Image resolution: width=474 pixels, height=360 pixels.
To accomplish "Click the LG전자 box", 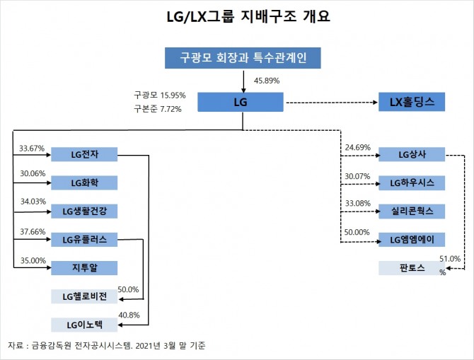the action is (x=84, y=154).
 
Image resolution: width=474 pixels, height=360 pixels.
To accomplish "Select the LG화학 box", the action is (x=84, y=183).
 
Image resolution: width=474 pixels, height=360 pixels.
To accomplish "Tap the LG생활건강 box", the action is (x=84, y=211).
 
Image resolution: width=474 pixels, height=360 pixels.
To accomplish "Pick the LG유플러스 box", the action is (x=84, y=240).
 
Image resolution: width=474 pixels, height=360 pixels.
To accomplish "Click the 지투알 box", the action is (x=84, y=268).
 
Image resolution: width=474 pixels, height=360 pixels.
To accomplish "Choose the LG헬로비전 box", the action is (x=84, y=296).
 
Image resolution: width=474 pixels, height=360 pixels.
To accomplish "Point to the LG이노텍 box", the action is (x=84, y=325).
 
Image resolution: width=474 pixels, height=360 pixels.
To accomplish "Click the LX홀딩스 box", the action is (x=412, y=102).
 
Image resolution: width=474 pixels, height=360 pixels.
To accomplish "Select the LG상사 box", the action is (x=412, y=154).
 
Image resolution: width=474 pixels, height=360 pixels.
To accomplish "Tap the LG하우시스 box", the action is (x=412, y=183).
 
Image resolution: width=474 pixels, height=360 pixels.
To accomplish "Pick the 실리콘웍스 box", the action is (x=412, y=211).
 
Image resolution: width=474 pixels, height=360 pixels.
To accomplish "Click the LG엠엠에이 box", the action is (x=412, y=240).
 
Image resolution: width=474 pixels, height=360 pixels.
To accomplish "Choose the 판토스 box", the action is (x=412, y=268).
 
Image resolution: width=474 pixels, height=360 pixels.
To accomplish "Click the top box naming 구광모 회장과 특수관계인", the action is (x=243, y=58).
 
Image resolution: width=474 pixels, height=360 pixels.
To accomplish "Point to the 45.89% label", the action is (x=267, y=81).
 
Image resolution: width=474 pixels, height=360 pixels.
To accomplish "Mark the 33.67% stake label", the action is (x=32, y=149).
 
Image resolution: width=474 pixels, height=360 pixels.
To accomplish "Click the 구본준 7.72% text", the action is (x=158, y=109).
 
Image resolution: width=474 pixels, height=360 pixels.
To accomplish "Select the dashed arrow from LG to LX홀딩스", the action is (x=332, y=103).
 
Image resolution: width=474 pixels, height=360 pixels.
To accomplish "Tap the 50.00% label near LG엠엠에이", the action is (x=357, y=232).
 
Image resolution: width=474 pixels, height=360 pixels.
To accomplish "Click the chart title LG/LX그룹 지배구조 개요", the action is (x=248, y=16).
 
